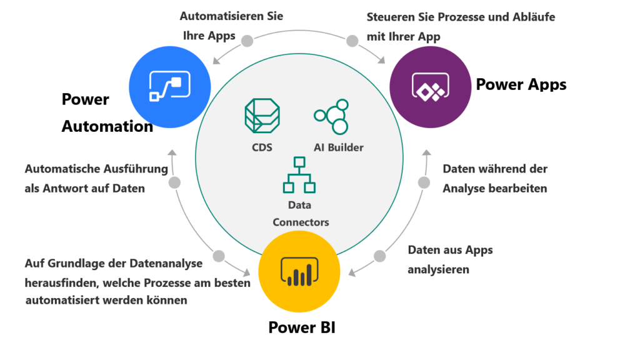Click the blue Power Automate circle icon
coord(170,87)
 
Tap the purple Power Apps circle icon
coord(430,87)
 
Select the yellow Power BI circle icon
coord(299,272)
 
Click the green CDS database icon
coord(262,116)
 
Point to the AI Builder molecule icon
coord(331,116)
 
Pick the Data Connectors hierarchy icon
coord(299,174)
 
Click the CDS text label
coord(262,147)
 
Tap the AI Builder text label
coord(338,147)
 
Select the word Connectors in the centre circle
coord(301,222)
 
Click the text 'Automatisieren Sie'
coord(231,16)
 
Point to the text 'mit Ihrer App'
coord(403,36)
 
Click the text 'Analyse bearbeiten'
coord(495,187)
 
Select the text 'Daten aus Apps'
coord(451,250)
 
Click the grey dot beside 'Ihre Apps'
coord(247,41)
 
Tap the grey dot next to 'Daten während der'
coord(424,182)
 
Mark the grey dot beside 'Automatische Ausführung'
coord(175,182)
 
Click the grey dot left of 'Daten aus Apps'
coord(380,256)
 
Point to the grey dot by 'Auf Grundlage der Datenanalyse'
coord(218,256)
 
